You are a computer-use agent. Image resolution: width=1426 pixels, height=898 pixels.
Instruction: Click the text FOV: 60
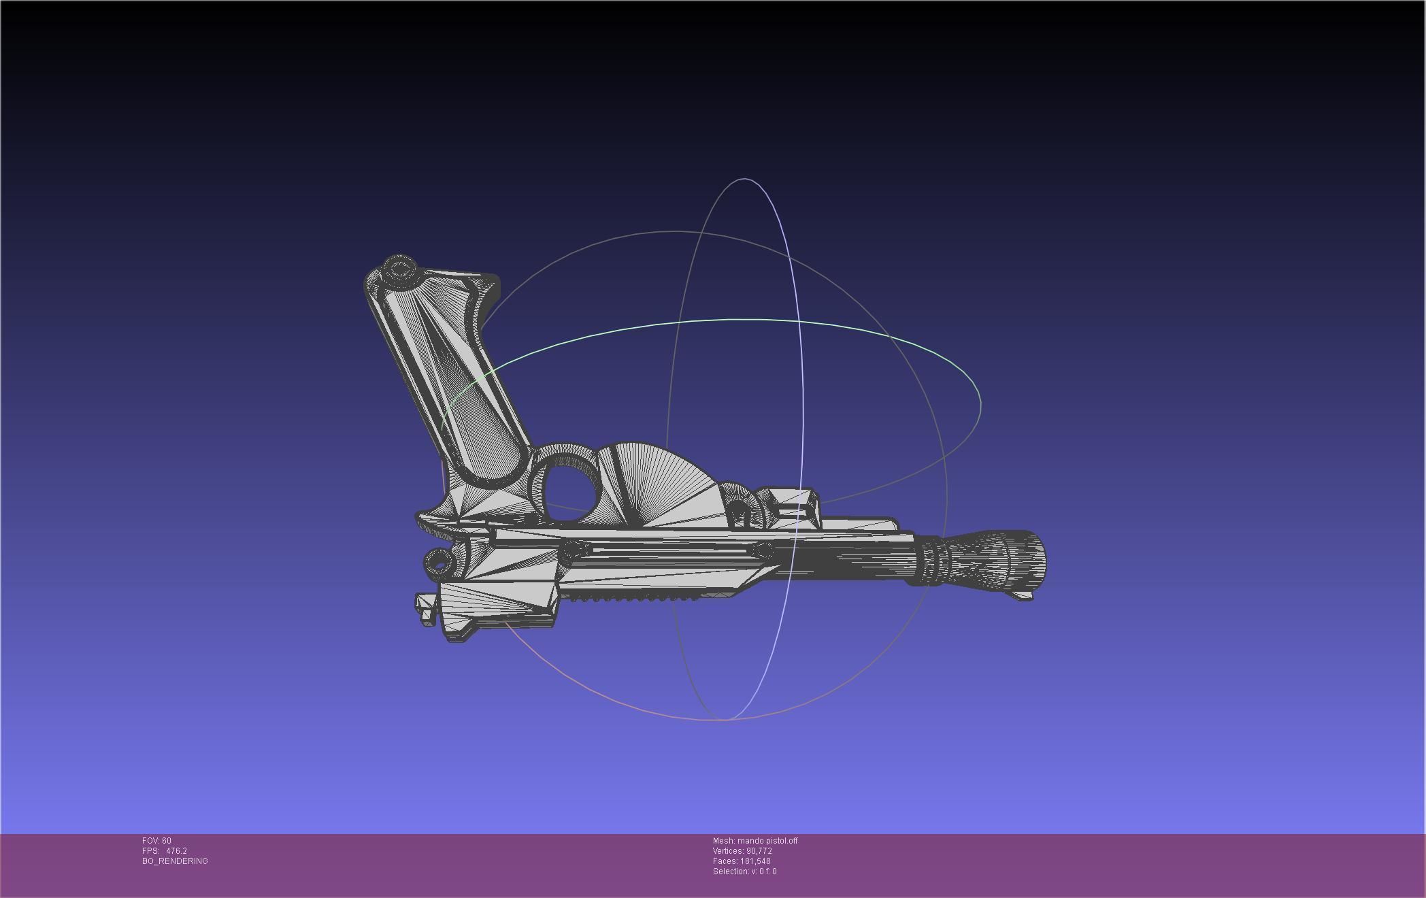(x=156, y=841)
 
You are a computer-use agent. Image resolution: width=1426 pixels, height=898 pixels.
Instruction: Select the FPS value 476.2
(x=176, y=851)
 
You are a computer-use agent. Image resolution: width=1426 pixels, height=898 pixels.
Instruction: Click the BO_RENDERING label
(x=175, y=861)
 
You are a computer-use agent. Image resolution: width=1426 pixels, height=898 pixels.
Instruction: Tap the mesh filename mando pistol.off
(x=767, y=841)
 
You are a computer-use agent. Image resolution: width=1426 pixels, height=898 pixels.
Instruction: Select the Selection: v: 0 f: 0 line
(x=744, y=871)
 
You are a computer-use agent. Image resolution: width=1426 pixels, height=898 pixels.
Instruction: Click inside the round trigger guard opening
(x=570, y=488)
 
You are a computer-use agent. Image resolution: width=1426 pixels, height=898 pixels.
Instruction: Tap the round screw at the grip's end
(x=399, y=270)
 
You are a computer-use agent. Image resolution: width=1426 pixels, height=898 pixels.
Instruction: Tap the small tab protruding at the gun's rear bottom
(x=426, y=609)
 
